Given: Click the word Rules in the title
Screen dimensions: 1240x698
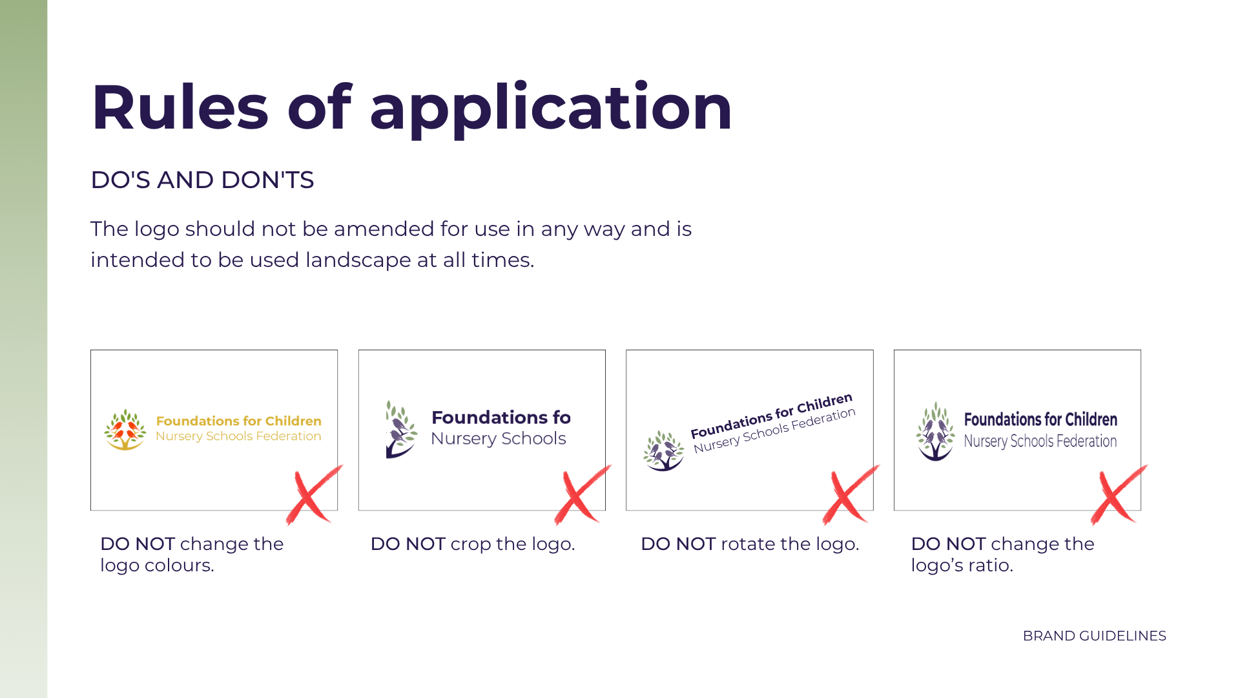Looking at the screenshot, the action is click(180, 107).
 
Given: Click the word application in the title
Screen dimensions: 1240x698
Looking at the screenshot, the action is click(551, 110).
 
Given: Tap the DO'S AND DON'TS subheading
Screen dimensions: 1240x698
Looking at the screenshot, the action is click(202, 180).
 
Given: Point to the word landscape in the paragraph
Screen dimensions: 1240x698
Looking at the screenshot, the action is click(358, 260).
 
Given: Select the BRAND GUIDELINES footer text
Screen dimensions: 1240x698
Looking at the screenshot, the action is click(1095, 636).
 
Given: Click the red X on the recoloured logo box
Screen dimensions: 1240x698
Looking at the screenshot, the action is click(315, 494).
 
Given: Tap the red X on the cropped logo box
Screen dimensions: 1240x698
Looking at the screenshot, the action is click(583, 494).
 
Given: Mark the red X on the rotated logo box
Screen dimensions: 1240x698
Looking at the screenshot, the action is click(851, 494).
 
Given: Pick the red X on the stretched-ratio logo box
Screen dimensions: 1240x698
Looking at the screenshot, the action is click(1119, 494).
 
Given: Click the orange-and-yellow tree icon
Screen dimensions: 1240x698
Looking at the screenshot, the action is click(125, 430).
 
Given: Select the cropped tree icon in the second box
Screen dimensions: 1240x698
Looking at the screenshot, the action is click(401, 429).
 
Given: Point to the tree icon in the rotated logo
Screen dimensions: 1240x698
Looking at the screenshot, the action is click(663, 450).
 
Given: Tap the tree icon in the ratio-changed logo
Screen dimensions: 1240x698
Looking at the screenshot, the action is click(935, 431).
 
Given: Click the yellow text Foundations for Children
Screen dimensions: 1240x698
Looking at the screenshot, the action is click(239, 421).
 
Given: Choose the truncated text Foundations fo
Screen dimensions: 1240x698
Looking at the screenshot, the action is click(501, 418).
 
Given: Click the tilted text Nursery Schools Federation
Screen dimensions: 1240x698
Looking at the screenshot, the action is click(775, 430).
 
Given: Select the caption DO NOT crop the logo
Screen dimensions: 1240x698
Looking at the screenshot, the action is click(473, 544).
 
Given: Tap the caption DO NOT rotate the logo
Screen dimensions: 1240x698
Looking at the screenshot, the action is click(750, 544).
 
